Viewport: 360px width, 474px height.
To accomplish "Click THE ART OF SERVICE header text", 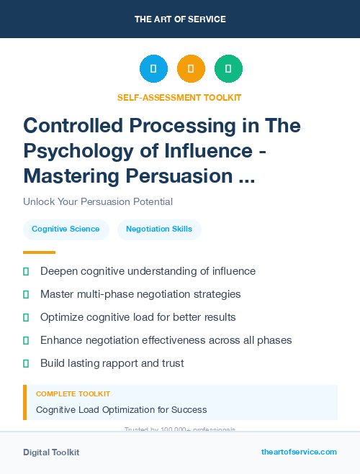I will pyautogui.click(x=180, y=19).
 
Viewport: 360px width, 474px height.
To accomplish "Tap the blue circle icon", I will pyautogui.click(x=153, y=69).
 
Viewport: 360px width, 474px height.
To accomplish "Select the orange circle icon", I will pyautogui.click(x=191, y=69).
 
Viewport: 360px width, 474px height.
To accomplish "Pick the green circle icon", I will pyautogui.click(x=228, y=69).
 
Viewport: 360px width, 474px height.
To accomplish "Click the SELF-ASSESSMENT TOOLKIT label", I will pyautogui.click(x=179, y=97).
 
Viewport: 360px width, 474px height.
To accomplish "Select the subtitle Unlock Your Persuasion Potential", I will pyautogui.click(x=98, y=201).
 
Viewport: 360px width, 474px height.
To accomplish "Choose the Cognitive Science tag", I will pyautogui.click(x=66, y=229).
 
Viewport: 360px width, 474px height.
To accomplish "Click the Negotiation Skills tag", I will pyautogui.click(x=159, y=229).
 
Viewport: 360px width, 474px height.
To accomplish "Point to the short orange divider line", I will pyautogui.click(x=39, y=252).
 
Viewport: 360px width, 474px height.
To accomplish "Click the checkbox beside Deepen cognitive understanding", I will pyautogui.click(x=26, y=272).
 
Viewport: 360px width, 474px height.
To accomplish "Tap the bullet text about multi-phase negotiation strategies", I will pyautogui.click(x=140, y=294).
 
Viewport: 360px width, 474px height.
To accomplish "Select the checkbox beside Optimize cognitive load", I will pyautogui.click(x=26, y=317).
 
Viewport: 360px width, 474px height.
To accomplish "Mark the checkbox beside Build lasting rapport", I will pyautogui.click(x=26, y=363).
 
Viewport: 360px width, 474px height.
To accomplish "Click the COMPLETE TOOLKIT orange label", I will pyautogui.click(x=73, y=394).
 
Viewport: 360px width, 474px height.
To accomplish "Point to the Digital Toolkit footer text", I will pyautogui.click(x=51, y=452).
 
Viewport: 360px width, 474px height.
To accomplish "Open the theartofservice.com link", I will pyautogui.click(x=299, y=452).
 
